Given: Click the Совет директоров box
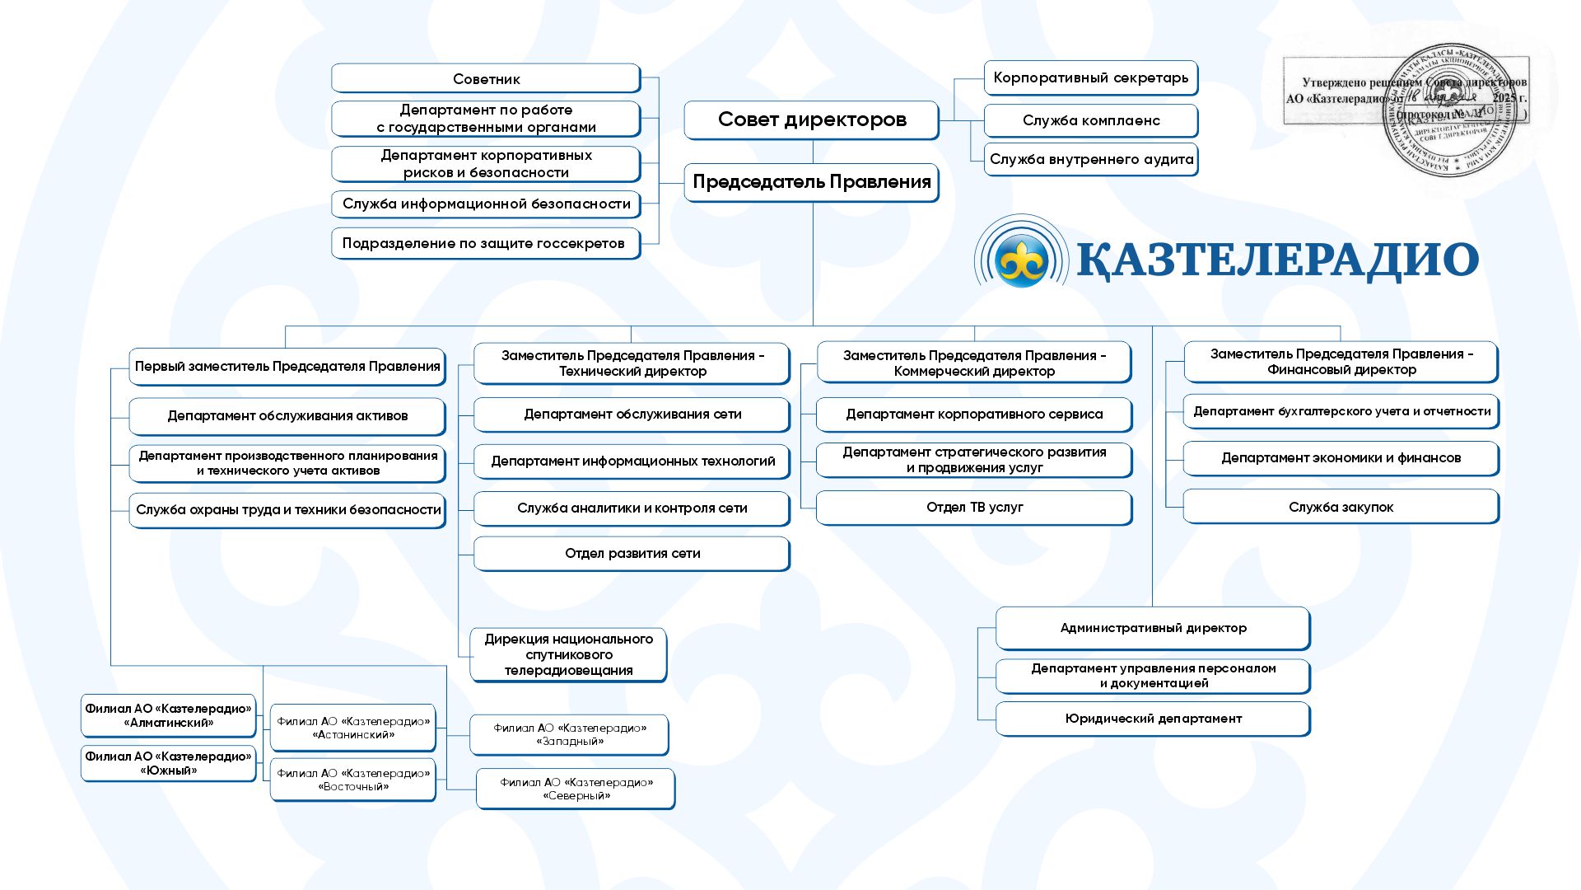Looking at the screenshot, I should pyautogui.click(x=811, y=119).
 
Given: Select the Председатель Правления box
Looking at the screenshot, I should pyautogui.click(x=811, y=182).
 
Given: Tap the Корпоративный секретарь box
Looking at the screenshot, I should pyautogui.click(x=1090, y=78).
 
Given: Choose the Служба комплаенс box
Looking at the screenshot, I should pyautogui.click(x=1090, y=120).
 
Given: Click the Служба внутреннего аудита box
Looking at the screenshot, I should pyautogui.click(x=1090, y=160).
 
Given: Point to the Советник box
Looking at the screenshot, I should pyautogui.click(x=486, y=79).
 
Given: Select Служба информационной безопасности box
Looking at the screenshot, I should pyautogui.click(x=486, y=204).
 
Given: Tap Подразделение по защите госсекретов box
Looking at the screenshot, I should pyautogui.click(x=486, y=243).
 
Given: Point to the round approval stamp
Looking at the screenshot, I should pyautogui.click(x=1449, y=111).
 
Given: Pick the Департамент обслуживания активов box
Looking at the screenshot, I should pyautogui.click(x=287, y=416).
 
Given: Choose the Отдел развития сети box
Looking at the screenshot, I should pyautogui.click(x=632, y=554).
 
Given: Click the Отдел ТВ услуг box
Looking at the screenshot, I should pyautogui.click(x=974, y=508).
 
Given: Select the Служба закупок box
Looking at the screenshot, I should pyautogui.click(x=1341, y=507).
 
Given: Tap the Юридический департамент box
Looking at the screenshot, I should pyautogui.click(x=1153, y=719).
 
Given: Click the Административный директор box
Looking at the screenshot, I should pyautogui.click(x=1153, y=628).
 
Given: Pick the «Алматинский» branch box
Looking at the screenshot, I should pyautogui.click(x=168, y=715).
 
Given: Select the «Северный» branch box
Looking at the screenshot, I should pyautogui.click(x=576, y=789).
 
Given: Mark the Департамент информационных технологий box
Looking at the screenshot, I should pyautogui.click(x=632, y=461).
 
